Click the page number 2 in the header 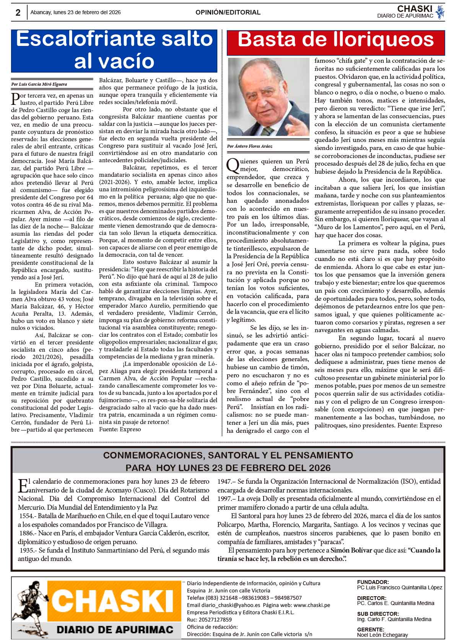click(x=18, y=13)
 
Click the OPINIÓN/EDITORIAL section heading click(x=228, y=13)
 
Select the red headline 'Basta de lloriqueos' click(x=336, y=40)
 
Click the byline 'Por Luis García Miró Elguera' click(x=39, y=84)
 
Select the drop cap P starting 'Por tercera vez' click(x=15, y=98)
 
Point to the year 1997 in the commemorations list click(x=225, y=499)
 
